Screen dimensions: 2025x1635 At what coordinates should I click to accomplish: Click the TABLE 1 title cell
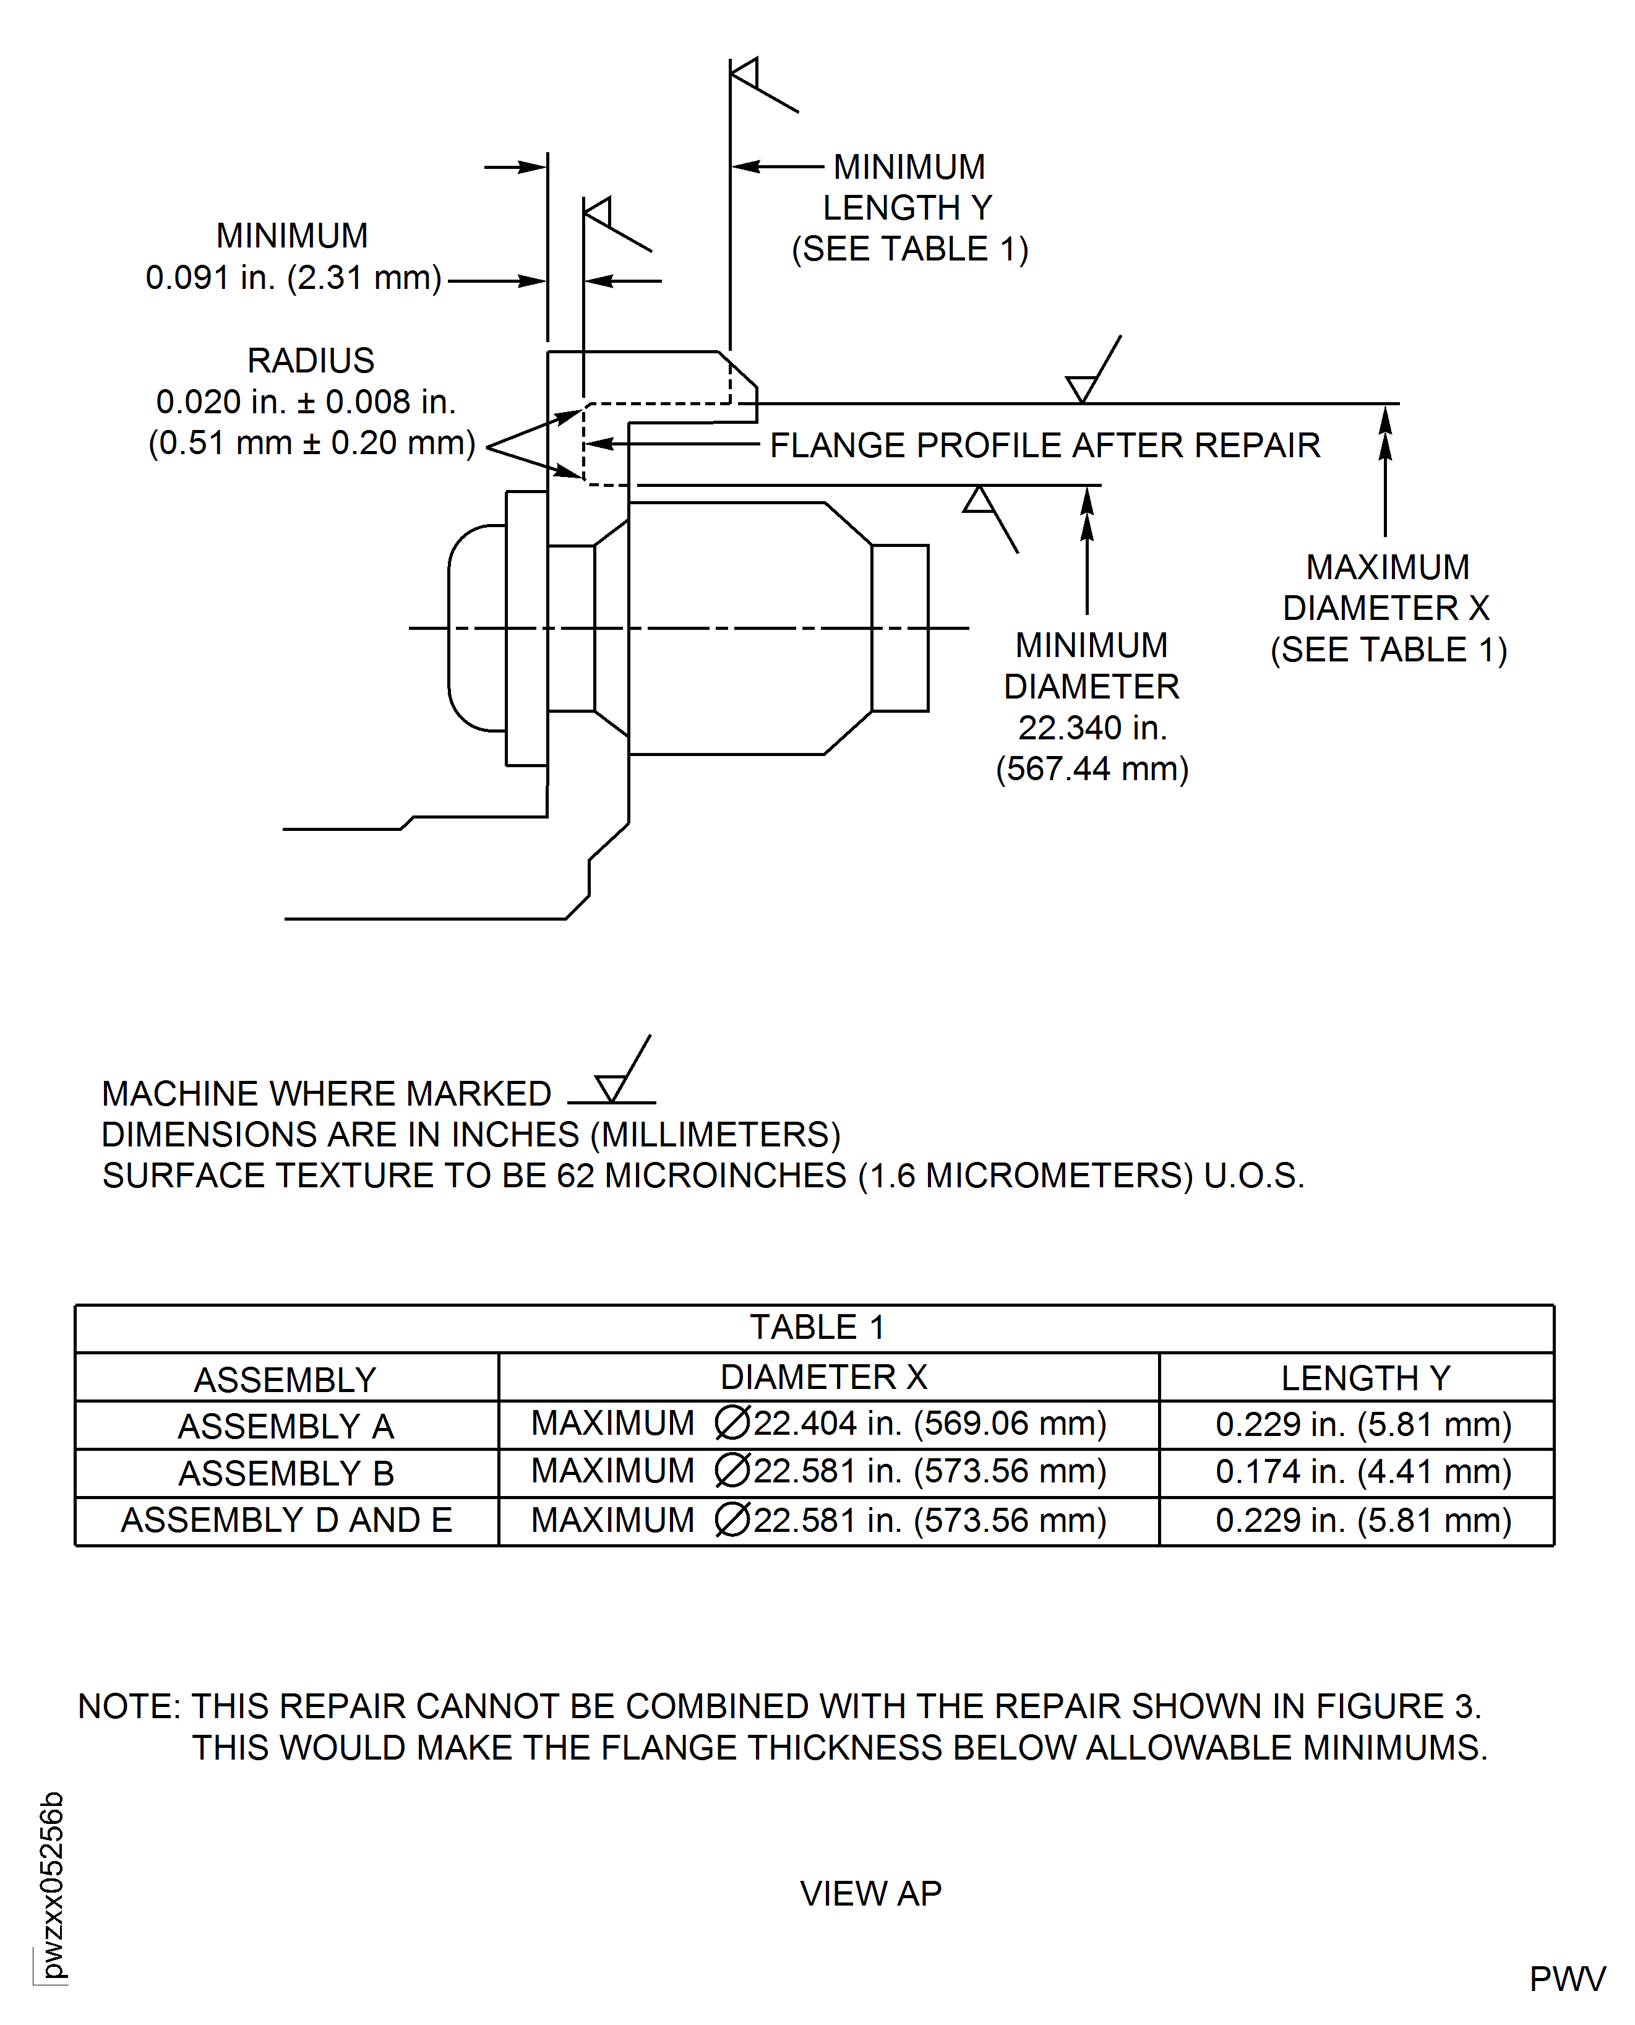[815, 1327]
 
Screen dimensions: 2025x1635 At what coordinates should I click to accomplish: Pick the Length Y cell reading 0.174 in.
[1363, 1471]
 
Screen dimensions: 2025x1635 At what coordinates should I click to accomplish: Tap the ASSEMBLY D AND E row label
[286, 1520]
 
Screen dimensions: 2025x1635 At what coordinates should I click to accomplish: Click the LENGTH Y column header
[1365, 1378]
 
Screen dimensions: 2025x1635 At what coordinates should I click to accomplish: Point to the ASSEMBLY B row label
[286, 1473]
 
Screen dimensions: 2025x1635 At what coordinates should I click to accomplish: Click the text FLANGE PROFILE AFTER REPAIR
[1044, 445]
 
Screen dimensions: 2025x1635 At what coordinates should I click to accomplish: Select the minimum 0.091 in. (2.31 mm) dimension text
[293, 278]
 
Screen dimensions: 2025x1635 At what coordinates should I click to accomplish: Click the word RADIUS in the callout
[311, 361]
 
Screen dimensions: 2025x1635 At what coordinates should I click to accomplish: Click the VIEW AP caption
[870, 1893]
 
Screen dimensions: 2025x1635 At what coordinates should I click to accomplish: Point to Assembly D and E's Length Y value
[1363, 1520]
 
